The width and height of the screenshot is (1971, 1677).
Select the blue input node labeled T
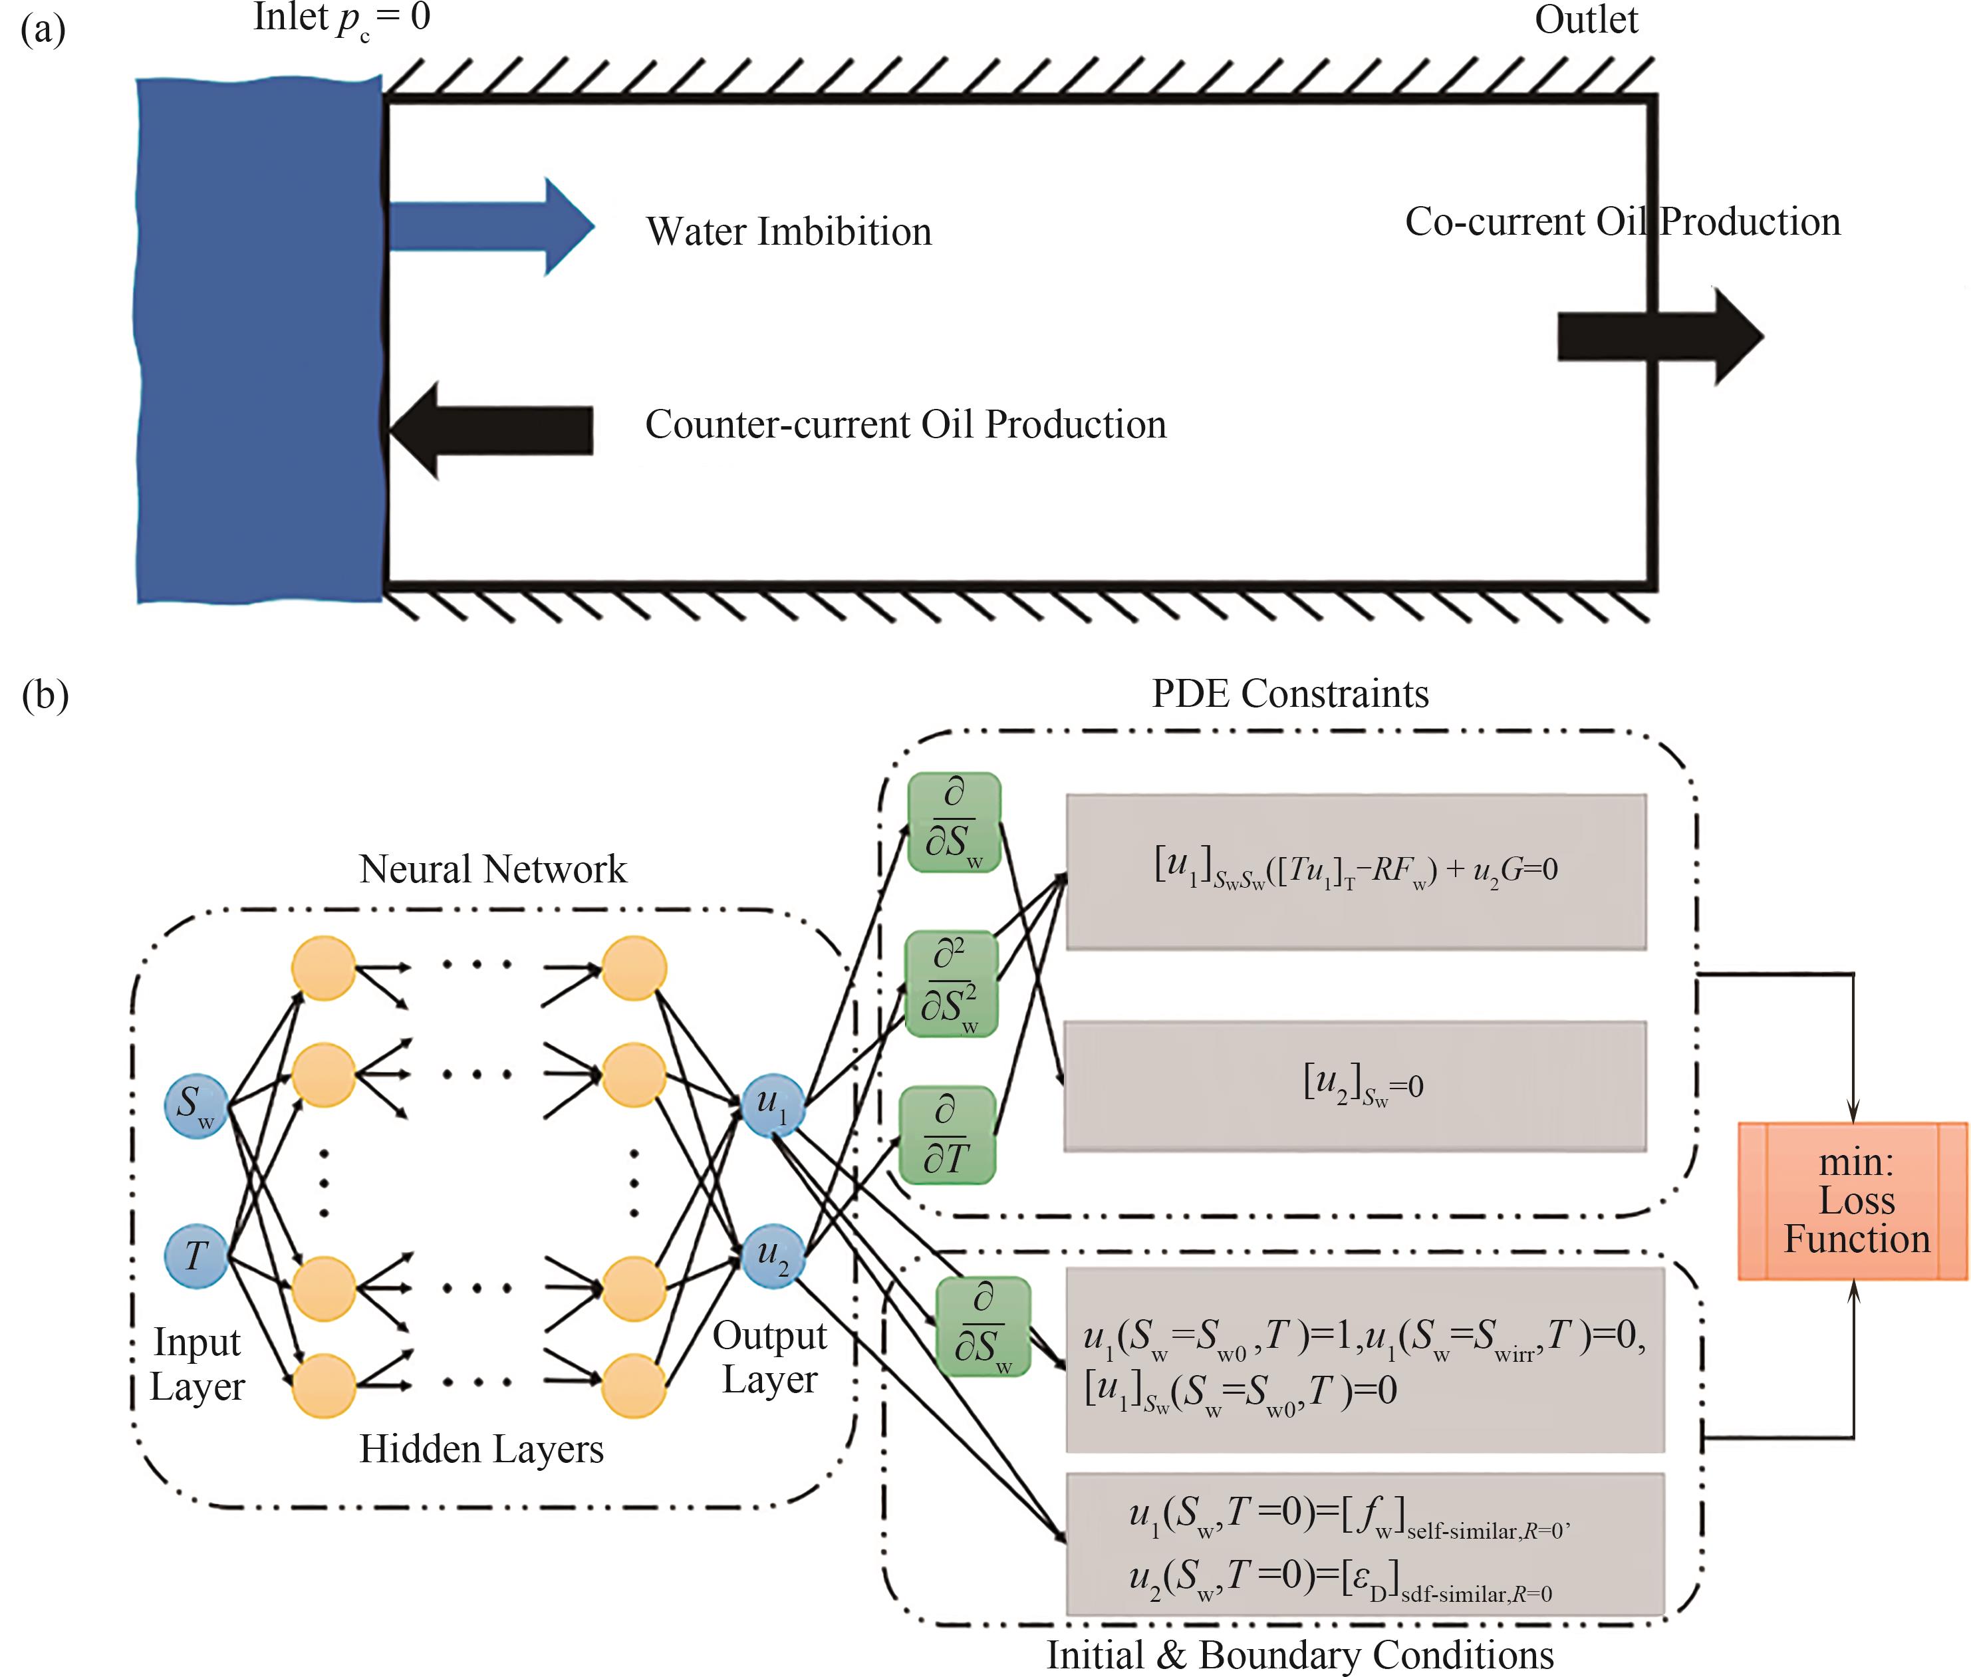(x=196, y=1256)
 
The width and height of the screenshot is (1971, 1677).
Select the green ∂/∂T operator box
(x=947, y=1135)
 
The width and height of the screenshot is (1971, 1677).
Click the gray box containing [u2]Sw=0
(x=1355, y=1086)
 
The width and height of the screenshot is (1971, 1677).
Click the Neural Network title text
(x=493, y=869)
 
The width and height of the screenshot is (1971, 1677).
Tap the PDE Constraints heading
(x=1290, y=694)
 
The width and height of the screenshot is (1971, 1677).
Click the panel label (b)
(x=45, y=695)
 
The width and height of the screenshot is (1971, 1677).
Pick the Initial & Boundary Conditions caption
(x=1300, y=1655)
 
